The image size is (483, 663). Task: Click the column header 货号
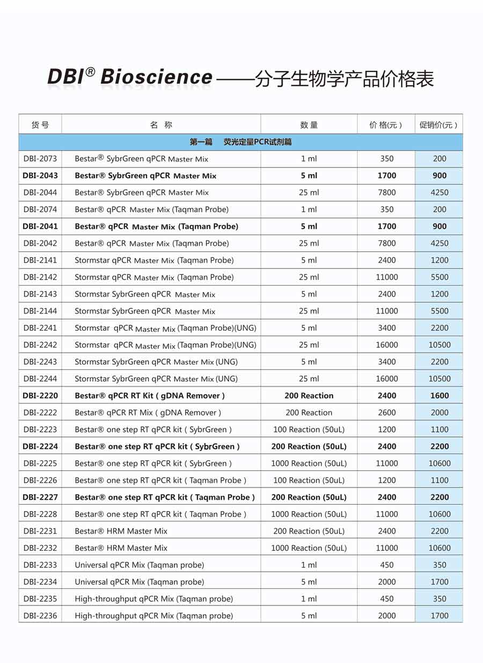pyautogui.click(x=40, y=125)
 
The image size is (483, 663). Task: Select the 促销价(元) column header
pyautogui.click(x=438, y=125)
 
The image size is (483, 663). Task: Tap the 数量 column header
pyautogui.click(x=309, y=125)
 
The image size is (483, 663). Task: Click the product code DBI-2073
pyautogui.click(x=40, y=159)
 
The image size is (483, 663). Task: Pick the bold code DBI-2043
pyautogui.click(x=40, y=176)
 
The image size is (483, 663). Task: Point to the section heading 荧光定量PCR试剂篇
pyautogui.click(x=258, y=142)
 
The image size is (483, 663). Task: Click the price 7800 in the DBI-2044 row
pyautogui.click(x=386, y=193)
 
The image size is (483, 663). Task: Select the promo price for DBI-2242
pyautogui.click(x=440, y=345)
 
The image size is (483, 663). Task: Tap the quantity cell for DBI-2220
pyautogui.click(x=309, y=396)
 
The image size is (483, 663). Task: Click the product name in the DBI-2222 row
pyautogui.click(x=148, y=413)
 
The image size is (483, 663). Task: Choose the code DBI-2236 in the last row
pyautogui.click(x=40, y=616)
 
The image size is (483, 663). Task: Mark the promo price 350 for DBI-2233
pyautogui.click(x=440, y=565)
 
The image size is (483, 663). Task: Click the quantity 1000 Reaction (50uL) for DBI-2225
pyautogui.click(x=309, y=463)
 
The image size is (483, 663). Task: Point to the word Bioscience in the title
pyautogui.click(x=156, y=77)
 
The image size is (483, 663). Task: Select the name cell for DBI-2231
pyautogui.click(x=121, y=531)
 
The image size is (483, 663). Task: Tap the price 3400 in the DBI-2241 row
pyautogui.click(x=386, y=328)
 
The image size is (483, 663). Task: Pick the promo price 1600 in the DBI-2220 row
pyautogui.click(x=440, y=396)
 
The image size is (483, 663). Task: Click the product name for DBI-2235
pyautogui.click(x=154, y=599)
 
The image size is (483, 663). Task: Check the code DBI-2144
pyautogui.click(x=40, y=311)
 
